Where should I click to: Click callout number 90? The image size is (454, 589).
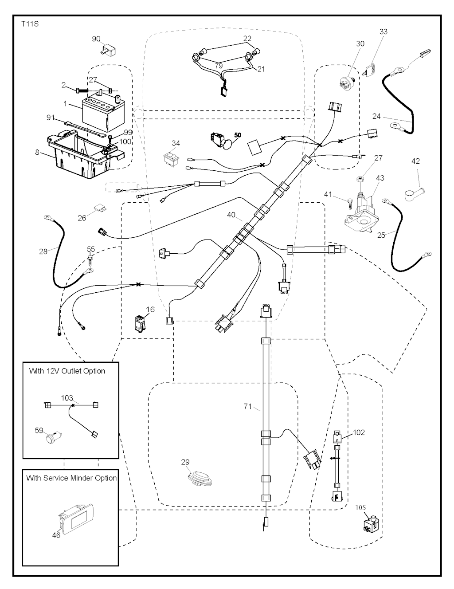point(96,39)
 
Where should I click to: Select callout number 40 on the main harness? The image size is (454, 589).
point(231,215)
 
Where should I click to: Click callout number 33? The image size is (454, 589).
point(384,31)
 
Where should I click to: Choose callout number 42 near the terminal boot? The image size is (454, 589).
point(415,161)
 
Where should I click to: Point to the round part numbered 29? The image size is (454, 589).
point(197,479)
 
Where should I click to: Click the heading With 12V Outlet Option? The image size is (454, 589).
point(67,371)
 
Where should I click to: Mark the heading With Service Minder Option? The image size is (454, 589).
point(71,478)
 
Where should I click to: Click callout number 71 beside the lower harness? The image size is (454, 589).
point(248,406)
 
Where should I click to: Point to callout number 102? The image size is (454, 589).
point(359,432)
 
